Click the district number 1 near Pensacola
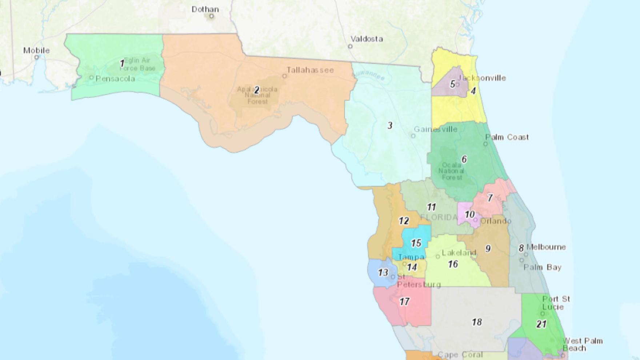122,64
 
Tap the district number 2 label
257,90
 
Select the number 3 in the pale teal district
390,126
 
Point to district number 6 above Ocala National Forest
464,159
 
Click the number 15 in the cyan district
416,243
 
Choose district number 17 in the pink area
404,302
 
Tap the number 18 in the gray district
477,322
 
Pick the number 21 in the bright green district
541,324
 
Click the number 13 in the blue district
383,273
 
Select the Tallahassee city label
310,70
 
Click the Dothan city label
205,9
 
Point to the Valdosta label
367,39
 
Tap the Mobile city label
36,51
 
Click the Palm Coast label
507,137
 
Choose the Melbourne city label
546,247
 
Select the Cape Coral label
460,355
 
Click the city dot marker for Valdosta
350,47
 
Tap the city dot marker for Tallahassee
284,76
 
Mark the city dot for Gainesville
413,136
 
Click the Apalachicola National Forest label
257,95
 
